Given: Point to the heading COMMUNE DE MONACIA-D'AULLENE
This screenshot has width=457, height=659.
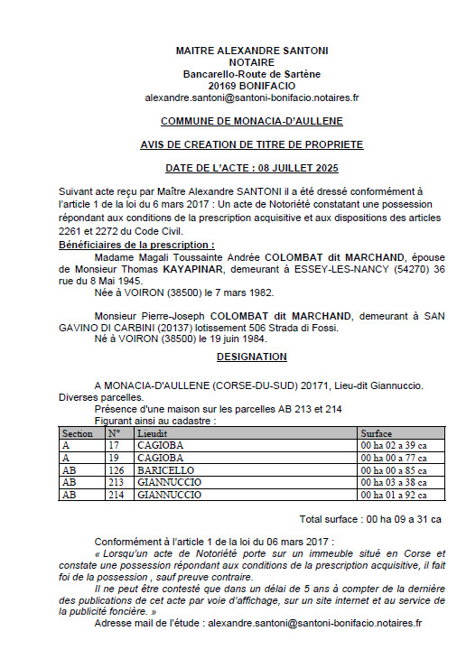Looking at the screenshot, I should click(251, 120).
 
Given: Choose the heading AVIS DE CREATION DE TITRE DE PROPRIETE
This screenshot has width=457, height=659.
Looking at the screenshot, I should click(251, 144).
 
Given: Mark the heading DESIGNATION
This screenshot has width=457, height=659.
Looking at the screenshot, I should click(251, 357).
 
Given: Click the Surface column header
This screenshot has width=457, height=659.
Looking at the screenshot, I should click(377, 433).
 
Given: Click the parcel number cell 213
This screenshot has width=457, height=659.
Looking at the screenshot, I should click(115, 482).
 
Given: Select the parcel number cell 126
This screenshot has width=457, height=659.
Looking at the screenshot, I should click(115, 469).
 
